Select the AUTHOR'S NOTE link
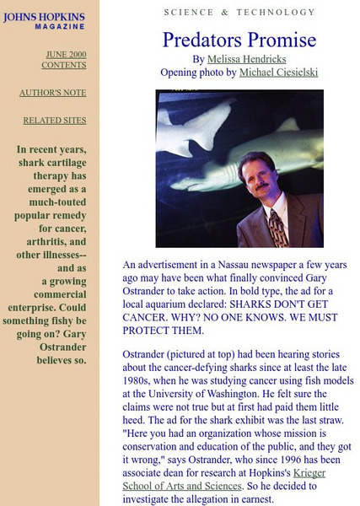click(x=52, y=93)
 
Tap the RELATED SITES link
click(x=54, y=121)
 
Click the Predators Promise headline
click(x=239, y=40)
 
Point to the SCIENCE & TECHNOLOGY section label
click(x=239, y=13)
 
